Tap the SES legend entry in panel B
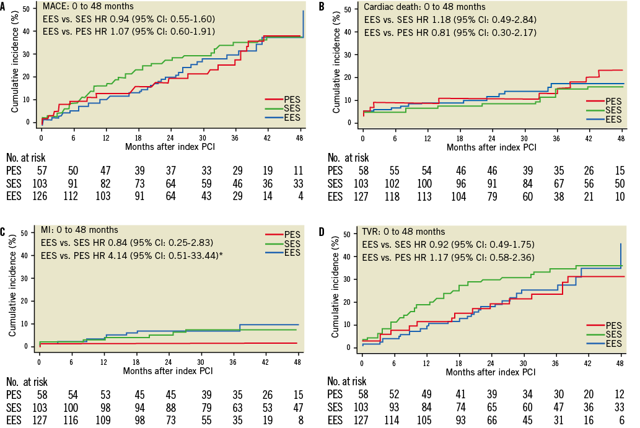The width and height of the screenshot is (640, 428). point(610,110)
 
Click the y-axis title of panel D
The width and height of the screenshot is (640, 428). point(336,290)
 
